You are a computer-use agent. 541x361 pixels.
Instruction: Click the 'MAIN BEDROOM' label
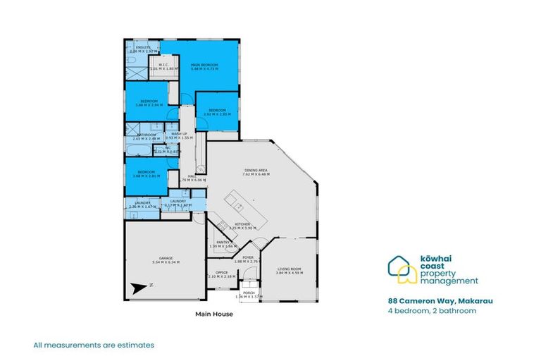point(204,65)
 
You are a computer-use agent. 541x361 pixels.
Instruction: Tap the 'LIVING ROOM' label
point(290,269)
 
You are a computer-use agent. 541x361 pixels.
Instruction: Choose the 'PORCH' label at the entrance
point(248,292)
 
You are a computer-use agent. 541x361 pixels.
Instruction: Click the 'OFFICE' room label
point(221,272)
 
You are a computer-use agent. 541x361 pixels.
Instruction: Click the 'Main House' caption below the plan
point(213,314)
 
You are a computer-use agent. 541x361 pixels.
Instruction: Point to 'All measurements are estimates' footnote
point(94,345)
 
